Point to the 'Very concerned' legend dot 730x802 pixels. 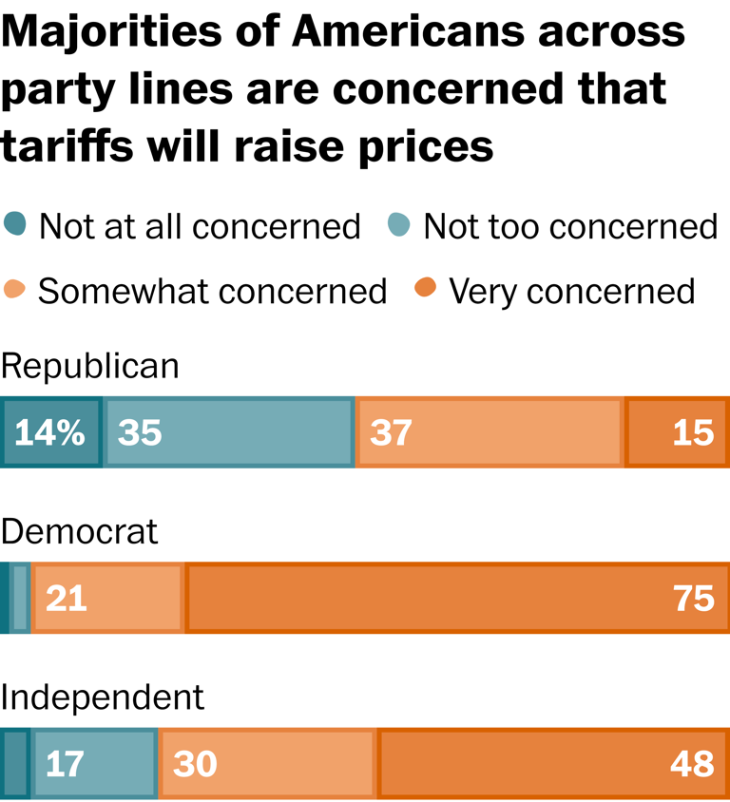[x=426, y=289]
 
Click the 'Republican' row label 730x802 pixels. [x=89, y=366]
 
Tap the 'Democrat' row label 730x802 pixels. [x=79, y=532]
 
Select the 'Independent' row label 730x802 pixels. [x=102, y=697]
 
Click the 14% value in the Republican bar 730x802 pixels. [x=50, y=433]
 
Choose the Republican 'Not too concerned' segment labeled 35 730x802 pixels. [x=228, y=433]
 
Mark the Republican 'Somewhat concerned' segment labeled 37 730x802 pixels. [x=490, y=433]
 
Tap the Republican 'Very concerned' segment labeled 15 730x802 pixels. [x=677, y=433]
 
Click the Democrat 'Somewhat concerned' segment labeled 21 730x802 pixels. [x=107, y=598]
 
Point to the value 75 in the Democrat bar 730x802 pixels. [x=693, y=598]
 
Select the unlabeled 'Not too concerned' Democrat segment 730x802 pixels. [x=20, y=598]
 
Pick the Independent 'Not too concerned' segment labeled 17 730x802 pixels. [x=94, y=763]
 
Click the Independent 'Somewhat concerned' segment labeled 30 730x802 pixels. [x=267, y=763]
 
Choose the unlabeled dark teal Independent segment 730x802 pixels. [x=14, y=763]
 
